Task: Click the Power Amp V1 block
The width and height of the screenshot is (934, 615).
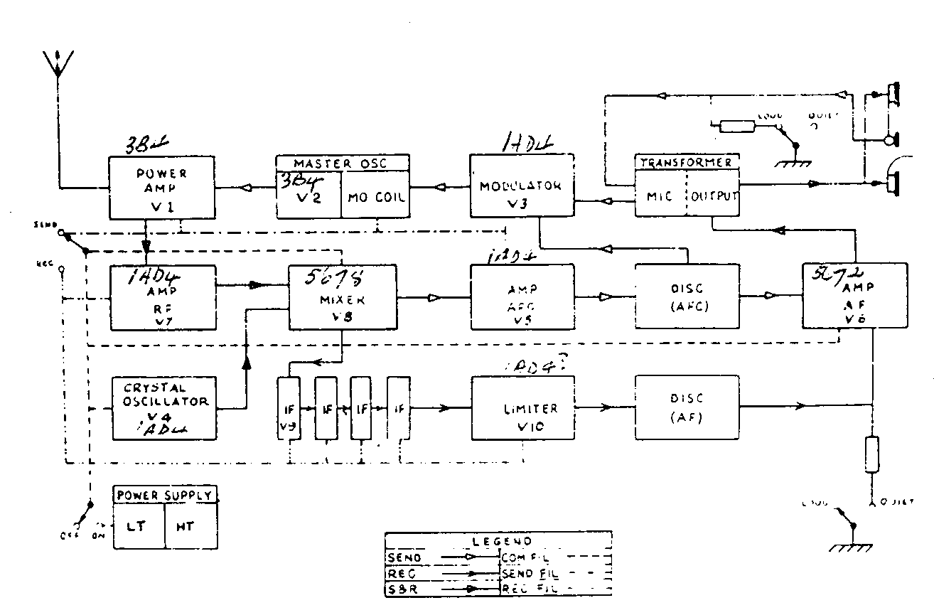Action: [161, 188]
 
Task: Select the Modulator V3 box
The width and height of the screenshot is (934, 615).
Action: [522, 187]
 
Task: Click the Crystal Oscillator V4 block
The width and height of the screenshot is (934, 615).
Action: [164, 407]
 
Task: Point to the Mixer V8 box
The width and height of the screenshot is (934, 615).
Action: [342, 297]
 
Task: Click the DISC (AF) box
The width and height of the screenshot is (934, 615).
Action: [686, 407]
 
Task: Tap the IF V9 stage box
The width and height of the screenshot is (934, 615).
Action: [289, 408]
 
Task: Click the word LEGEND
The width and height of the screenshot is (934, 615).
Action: [498, 541]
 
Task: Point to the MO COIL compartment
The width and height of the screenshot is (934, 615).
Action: [376, 196]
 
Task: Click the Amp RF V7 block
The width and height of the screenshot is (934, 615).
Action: [163, 297]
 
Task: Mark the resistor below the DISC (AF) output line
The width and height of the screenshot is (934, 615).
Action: [872, 455]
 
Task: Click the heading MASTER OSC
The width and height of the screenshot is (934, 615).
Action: [342, 163]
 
